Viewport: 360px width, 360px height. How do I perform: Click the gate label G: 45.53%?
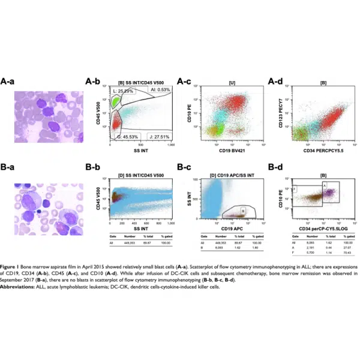(125, 137)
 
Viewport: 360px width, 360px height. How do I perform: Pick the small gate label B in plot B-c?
(242, 211)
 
